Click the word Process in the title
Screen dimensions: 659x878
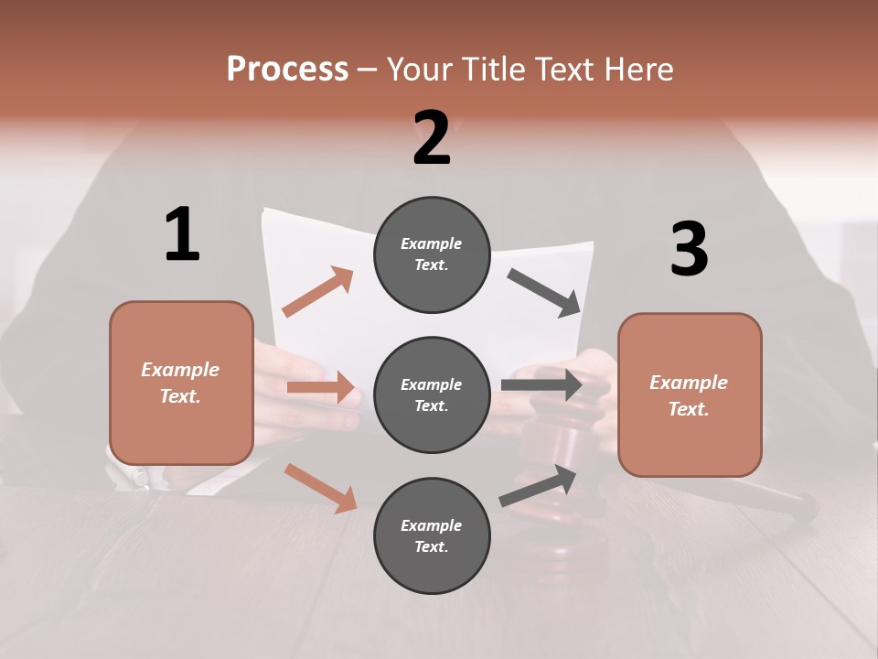[x=287, y=70]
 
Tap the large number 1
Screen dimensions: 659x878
[x=182, y=234]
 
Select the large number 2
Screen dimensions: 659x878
[x=432, y=138]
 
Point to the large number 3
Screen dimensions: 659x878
[x=689, y=249]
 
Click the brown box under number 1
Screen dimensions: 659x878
[x=181, y=383]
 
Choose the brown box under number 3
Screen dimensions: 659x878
[x=690, y=394]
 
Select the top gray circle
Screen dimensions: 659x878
[x=432, y=254]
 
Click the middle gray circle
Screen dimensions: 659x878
[x=432, y=394]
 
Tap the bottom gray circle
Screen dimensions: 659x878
[x=432, y=535]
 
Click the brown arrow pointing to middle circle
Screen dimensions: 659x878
[x=321, y=387]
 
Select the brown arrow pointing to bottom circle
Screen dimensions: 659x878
[x=321, y=488]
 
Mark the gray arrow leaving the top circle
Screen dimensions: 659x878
[x=544, y=292]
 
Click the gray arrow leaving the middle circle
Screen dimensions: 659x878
[x=541, y=384]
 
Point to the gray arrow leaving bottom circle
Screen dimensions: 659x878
[x=539, y=485]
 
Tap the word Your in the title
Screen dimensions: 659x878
[x=419, y=70]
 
